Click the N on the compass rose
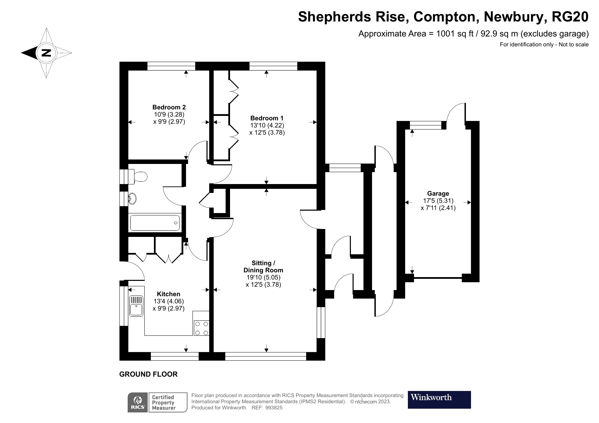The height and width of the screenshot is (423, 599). click(x=46, y=53)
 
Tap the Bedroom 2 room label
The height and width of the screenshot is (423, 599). click(x=169, y=107)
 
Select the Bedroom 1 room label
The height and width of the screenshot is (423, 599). click(x=267, y=118)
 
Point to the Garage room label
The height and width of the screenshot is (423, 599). click(x=438, y=194)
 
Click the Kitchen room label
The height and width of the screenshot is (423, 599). click(x=169, y=294)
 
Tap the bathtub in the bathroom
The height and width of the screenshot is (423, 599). click(x=155, y=223)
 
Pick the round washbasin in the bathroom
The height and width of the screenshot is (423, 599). click(x=132, y=198)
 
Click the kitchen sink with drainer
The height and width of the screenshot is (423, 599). click(x=137, y=306)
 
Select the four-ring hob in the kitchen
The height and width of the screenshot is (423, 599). click(x=201, y=328)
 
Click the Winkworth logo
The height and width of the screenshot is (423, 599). click(x=439, y=399)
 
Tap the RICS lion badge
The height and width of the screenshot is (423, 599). click(x=138, y=403)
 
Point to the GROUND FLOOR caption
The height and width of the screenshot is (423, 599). click(x=148, y=374)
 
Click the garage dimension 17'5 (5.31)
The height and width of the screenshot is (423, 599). click(x=438, y=201)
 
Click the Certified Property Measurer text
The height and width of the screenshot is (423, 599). click(x=163, y=403)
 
